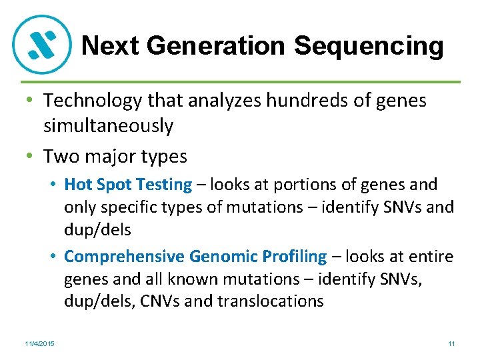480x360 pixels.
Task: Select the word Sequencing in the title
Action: (x=369, y=46)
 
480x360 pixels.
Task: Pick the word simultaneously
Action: (x=108, y=125)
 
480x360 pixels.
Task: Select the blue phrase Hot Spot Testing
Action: (x=128, y=185)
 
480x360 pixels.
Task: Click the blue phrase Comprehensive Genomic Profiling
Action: (x=195, y=256)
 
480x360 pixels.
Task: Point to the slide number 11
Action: (x=451, y=343)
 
